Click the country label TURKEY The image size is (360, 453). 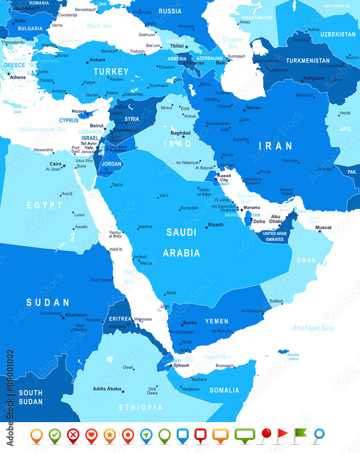[111, 72]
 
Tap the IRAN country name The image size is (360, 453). [275, 145]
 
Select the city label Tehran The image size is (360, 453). [253, 108]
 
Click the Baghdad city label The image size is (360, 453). [180, 133]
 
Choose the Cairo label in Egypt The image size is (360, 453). [56, 164]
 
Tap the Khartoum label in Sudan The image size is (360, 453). [76, 314]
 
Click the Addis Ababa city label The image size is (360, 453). [107, 389]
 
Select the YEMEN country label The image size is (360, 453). [216, 321]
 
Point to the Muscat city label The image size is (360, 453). [323, 227]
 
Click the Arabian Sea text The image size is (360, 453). [312, 328]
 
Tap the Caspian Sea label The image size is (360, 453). [232, 43]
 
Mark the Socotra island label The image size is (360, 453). [293, 354]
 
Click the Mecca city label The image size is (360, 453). [146, 263]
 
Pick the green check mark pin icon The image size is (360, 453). [55, 435]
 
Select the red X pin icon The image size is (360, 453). [73, 435]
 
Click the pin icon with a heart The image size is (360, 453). [91, 435]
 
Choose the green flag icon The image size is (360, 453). [300, 435]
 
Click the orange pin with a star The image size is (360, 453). [109, 435]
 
